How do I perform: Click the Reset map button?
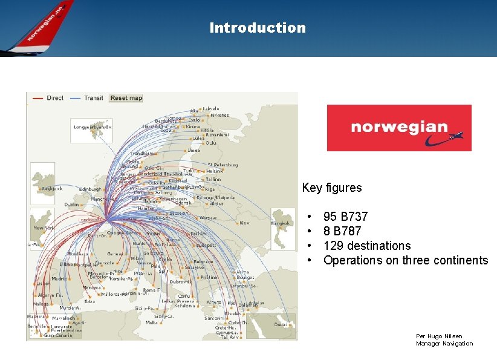[126, 98]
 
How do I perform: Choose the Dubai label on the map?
[281, 324]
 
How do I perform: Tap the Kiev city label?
[244, 223]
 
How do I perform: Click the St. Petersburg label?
[223, 165]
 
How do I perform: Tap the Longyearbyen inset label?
[91, 128]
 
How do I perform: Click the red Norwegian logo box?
[399, 128]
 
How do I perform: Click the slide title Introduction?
[258, 28]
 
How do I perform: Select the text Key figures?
[331, 188]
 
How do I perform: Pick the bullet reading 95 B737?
[345, 217]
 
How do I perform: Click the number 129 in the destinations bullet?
[332, 246]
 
